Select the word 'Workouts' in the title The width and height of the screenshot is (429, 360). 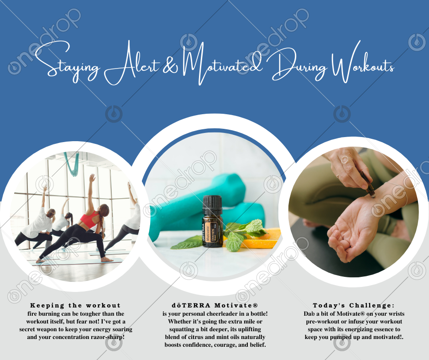point(362,63)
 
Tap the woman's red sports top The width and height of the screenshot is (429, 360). point(89,219)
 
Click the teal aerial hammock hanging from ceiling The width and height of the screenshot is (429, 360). point(72,164)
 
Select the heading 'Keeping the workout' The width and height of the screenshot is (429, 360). point(75,305)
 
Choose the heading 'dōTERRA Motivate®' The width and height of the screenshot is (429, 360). point(215,305)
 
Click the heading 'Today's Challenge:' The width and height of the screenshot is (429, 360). point(354,305)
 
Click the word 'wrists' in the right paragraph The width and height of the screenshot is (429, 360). point(395,314)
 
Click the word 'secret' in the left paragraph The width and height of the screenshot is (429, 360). point(28,329)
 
